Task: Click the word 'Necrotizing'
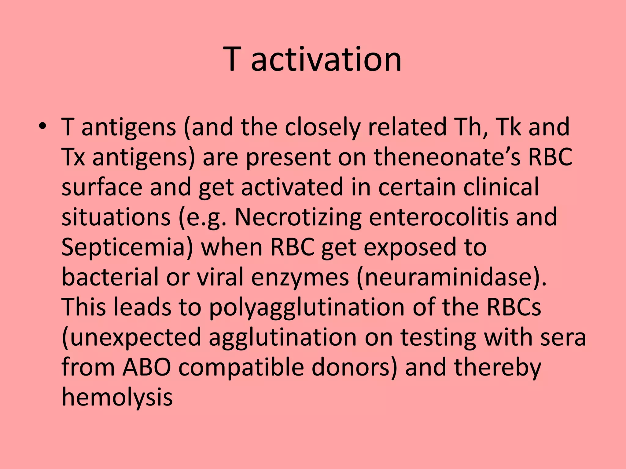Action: tap(298, 217)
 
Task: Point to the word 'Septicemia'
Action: tap(127, 247)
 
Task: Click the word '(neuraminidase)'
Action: tap(451, 277)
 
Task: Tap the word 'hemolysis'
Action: tap(117, 397)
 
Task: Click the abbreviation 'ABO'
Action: tap(146, 367)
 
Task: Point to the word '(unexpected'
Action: tap(131, 337)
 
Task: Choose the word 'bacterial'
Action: tap(110, 277)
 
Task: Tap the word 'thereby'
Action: tap(497, 367)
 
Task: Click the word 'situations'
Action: tap(116, 217)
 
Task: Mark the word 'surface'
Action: tap(102, 187)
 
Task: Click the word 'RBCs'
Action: tap(514, 307)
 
